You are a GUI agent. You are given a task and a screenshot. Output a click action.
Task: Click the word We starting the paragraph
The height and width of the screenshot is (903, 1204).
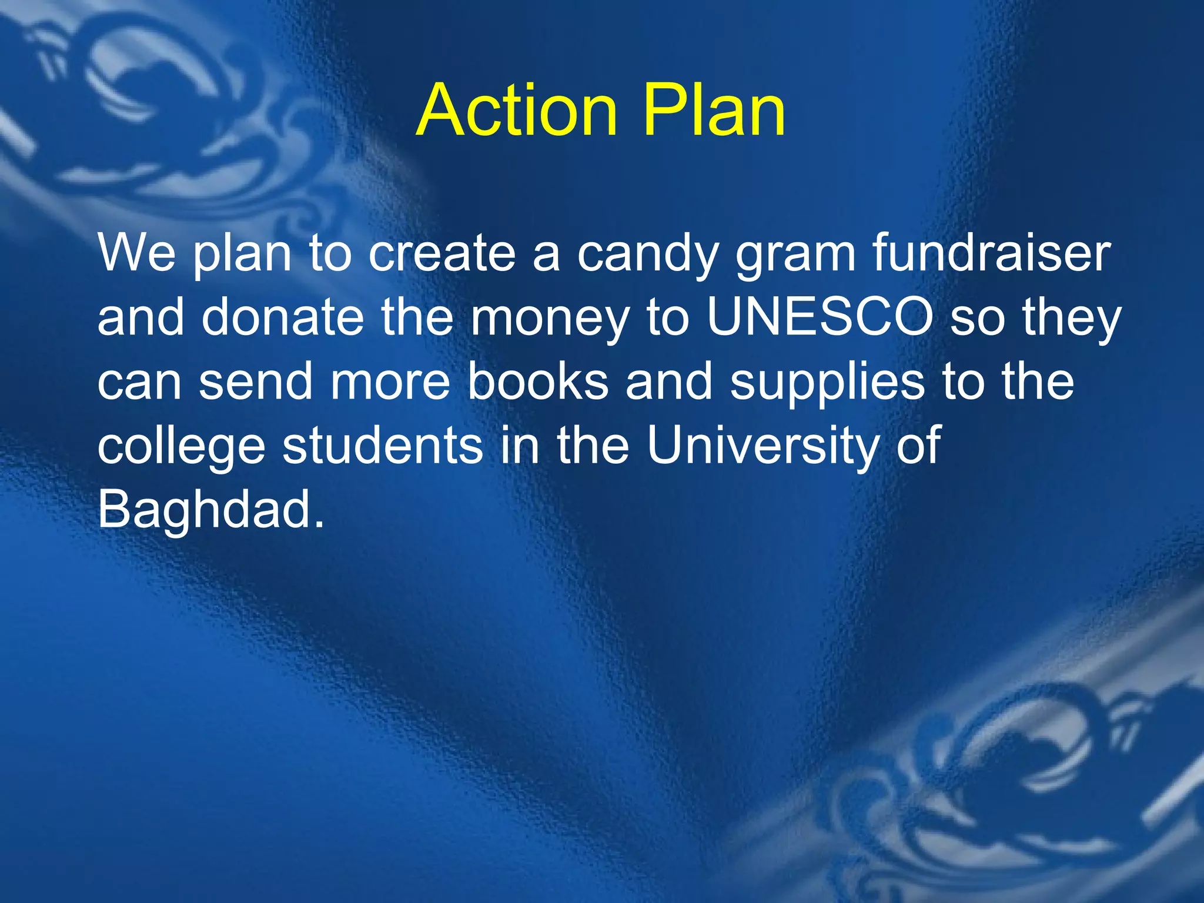136,253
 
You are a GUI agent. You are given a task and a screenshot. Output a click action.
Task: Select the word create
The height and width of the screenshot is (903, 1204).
442,253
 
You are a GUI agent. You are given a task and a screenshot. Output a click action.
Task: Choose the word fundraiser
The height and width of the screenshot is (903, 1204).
992,253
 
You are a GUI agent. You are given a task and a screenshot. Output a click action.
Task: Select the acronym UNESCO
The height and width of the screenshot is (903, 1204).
820,317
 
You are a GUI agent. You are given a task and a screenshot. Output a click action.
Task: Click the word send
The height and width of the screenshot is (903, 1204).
255,382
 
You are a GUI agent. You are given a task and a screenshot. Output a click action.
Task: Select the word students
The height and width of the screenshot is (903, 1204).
383,446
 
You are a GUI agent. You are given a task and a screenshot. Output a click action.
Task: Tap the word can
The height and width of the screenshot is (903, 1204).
139,383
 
